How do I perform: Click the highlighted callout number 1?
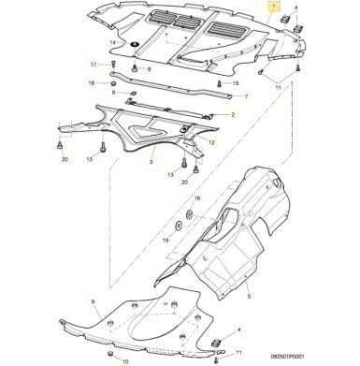[x=273, y=7]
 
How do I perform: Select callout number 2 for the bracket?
[x=233, y=115]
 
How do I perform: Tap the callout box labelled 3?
[x=151, y=162]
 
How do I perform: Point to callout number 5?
[x=249, y=295]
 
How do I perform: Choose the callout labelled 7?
[x=246, y=96]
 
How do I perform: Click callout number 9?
[x=93, y=301]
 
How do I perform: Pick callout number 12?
[x=211, y=142]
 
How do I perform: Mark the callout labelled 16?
[x=197, y=198]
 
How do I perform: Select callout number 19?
[x=166, y=240]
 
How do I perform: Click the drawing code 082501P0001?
[x=287, y=356]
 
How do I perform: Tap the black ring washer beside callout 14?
[x=135, y=44]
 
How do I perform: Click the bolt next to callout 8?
[x=135, y=69]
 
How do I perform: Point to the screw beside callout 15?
[x=220, y=83]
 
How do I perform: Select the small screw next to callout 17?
[x=113, y=65]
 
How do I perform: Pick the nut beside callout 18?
[x=113, y=83]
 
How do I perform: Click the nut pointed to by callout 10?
[x=109, y=354]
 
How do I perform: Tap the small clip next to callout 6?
[x=133, y=93]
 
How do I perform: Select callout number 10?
[x=124, y=361]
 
